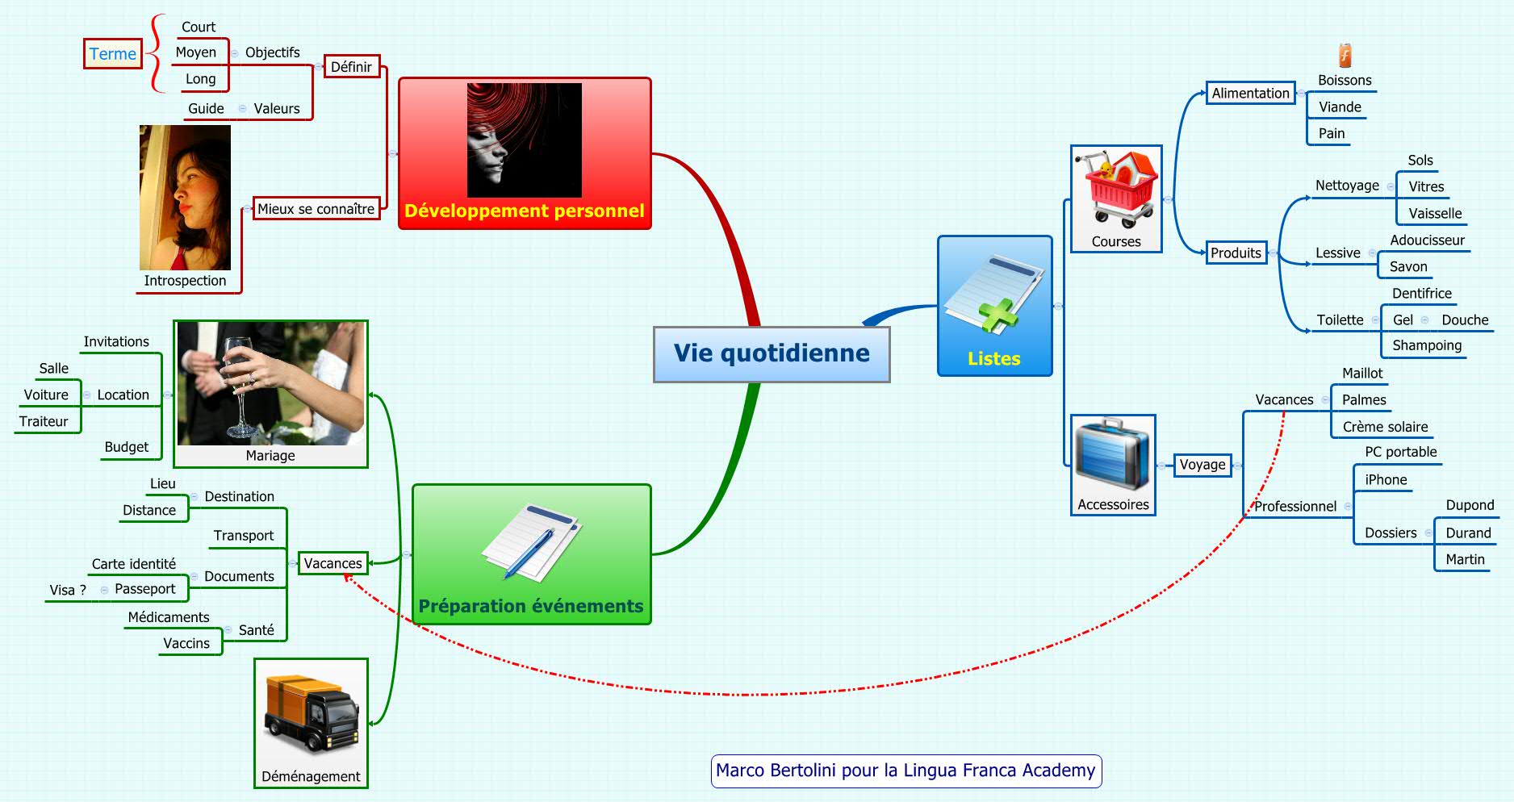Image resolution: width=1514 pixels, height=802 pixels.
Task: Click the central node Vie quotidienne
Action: [772, 353]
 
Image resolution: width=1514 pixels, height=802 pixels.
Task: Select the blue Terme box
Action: [113, 54]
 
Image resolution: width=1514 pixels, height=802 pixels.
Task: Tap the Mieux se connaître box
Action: [316, 209]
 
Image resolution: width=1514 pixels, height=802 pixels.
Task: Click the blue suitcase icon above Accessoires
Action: [1113, 456]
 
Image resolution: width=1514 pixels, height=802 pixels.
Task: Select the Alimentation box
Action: [1250, 94]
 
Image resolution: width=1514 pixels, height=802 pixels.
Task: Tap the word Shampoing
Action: [1426, 345]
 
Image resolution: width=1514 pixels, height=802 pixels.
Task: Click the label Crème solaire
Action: [1385, 427]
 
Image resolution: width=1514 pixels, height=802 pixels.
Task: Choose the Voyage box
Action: [1202, 465]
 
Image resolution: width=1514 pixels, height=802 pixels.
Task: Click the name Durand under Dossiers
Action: [1468, 533]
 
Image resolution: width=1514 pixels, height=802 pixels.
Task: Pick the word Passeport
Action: [144, 589]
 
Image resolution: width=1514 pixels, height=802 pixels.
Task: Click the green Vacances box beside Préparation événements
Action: [332, 563]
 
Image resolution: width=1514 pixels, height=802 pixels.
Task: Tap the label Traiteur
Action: [44, 421]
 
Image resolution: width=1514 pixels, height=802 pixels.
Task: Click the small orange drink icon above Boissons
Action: [1345, 55]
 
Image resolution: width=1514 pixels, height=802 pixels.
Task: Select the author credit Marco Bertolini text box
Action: [905, 771]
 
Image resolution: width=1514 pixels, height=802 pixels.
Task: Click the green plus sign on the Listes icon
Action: [999, 315]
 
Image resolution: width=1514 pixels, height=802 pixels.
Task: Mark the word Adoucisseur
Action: [1427, 240]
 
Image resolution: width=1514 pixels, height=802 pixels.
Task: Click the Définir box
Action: [351, 67]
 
